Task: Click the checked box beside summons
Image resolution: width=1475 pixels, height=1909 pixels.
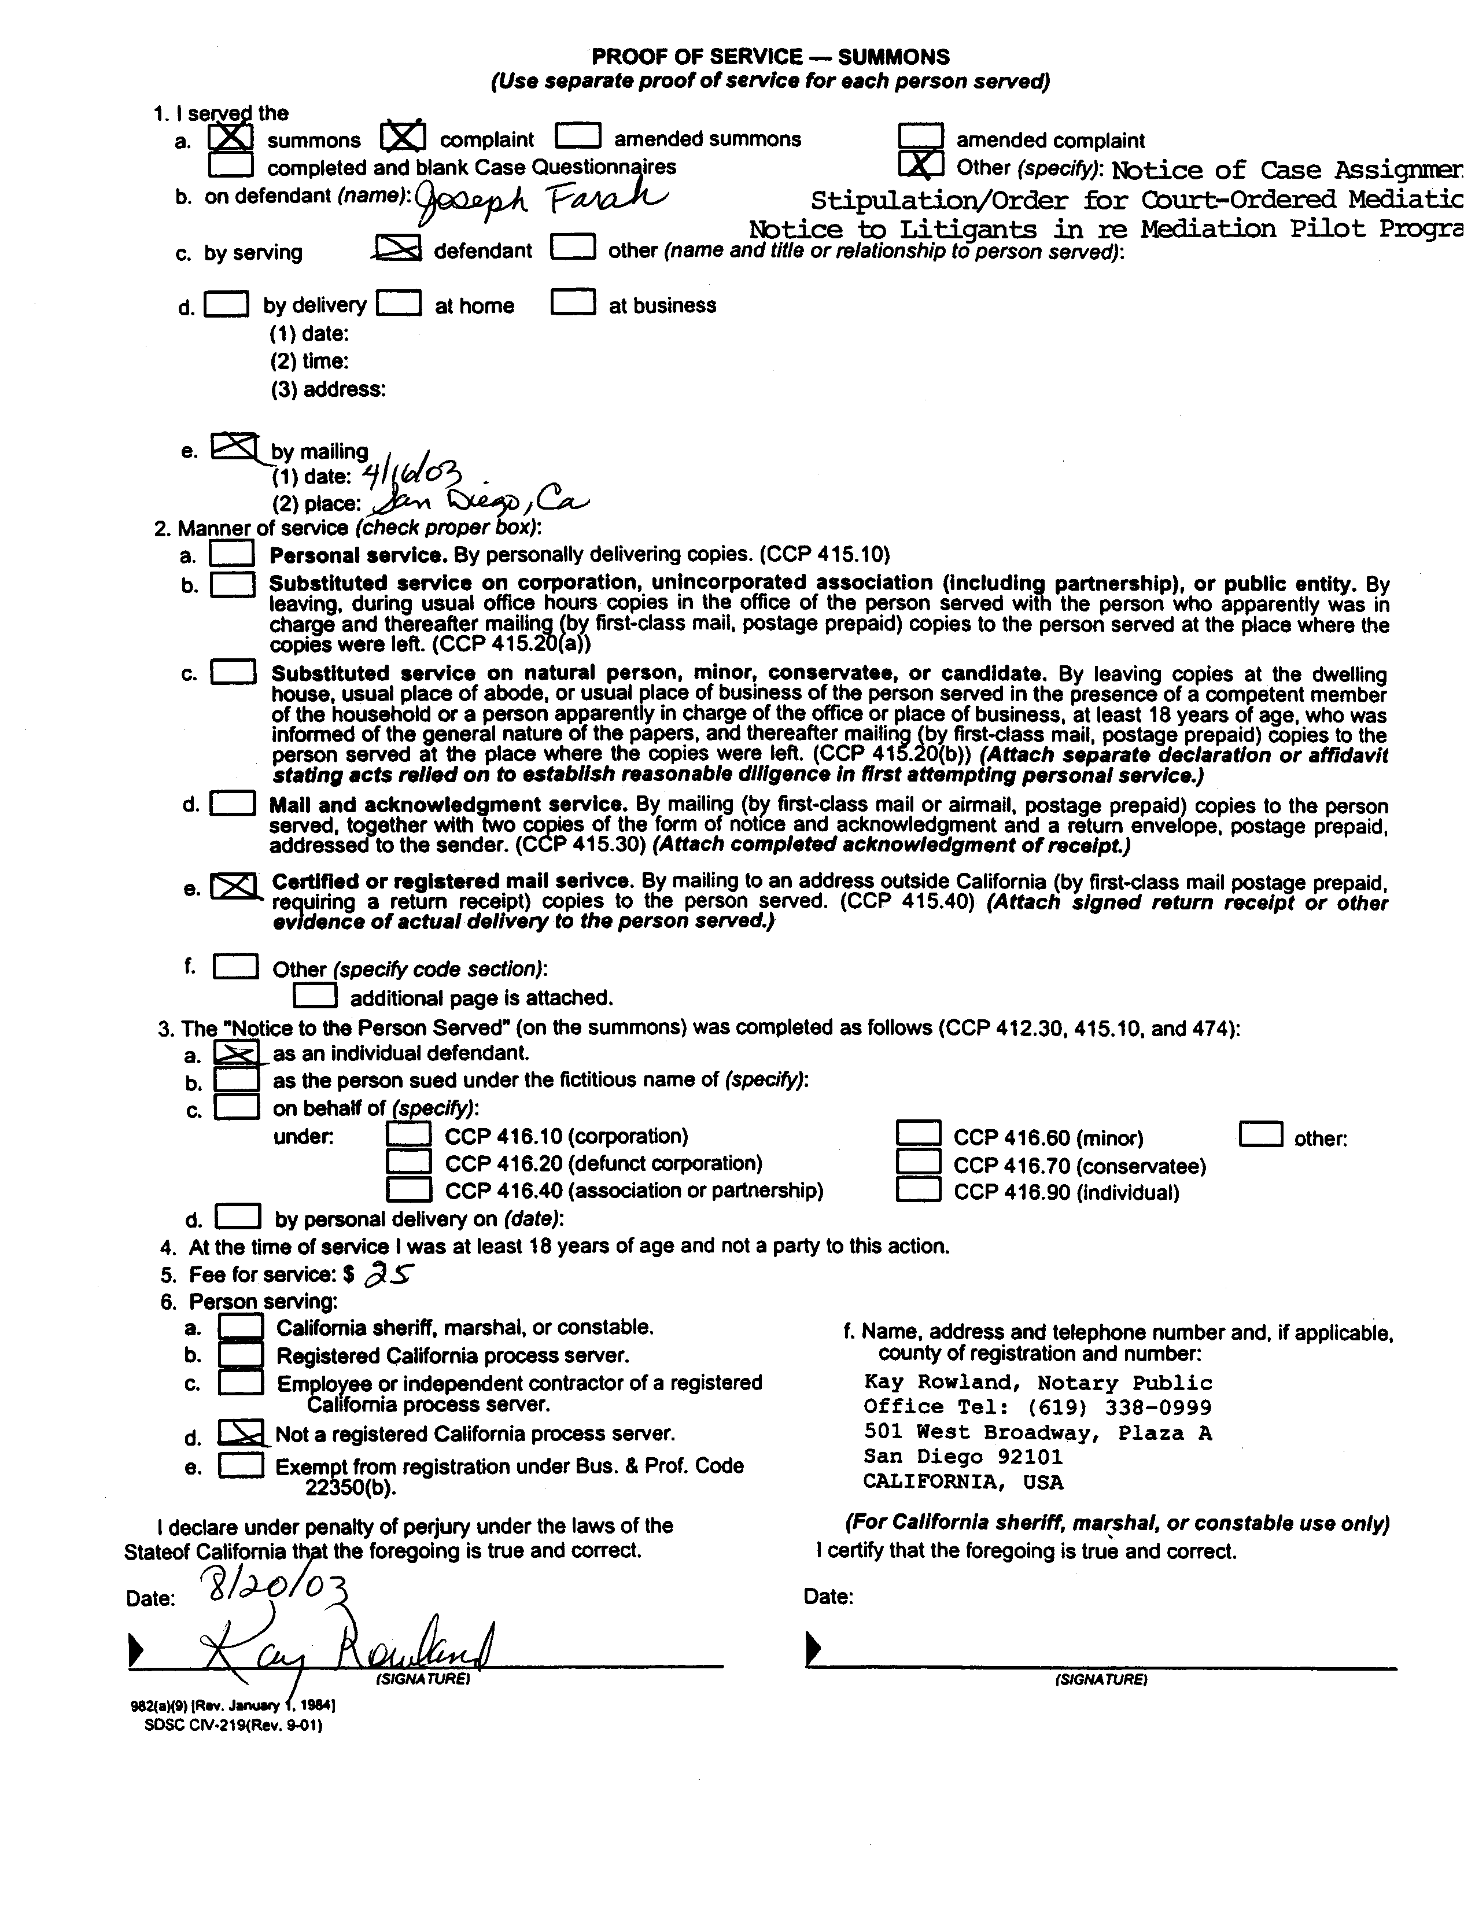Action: (231, 137)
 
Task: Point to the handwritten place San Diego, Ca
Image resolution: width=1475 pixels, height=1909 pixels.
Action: (479, 502)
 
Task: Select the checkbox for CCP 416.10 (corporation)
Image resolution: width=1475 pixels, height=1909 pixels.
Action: (408, 1134)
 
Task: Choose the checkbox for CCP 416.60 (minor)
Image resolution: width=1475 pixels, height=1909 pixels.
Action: (919, 1134)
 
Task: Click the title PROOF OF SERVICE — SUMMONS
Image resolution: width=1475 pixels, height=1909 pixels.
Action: (770, 57)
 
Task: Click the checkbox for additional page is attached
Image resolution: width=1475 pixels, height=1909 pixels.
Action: (315, 996)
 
